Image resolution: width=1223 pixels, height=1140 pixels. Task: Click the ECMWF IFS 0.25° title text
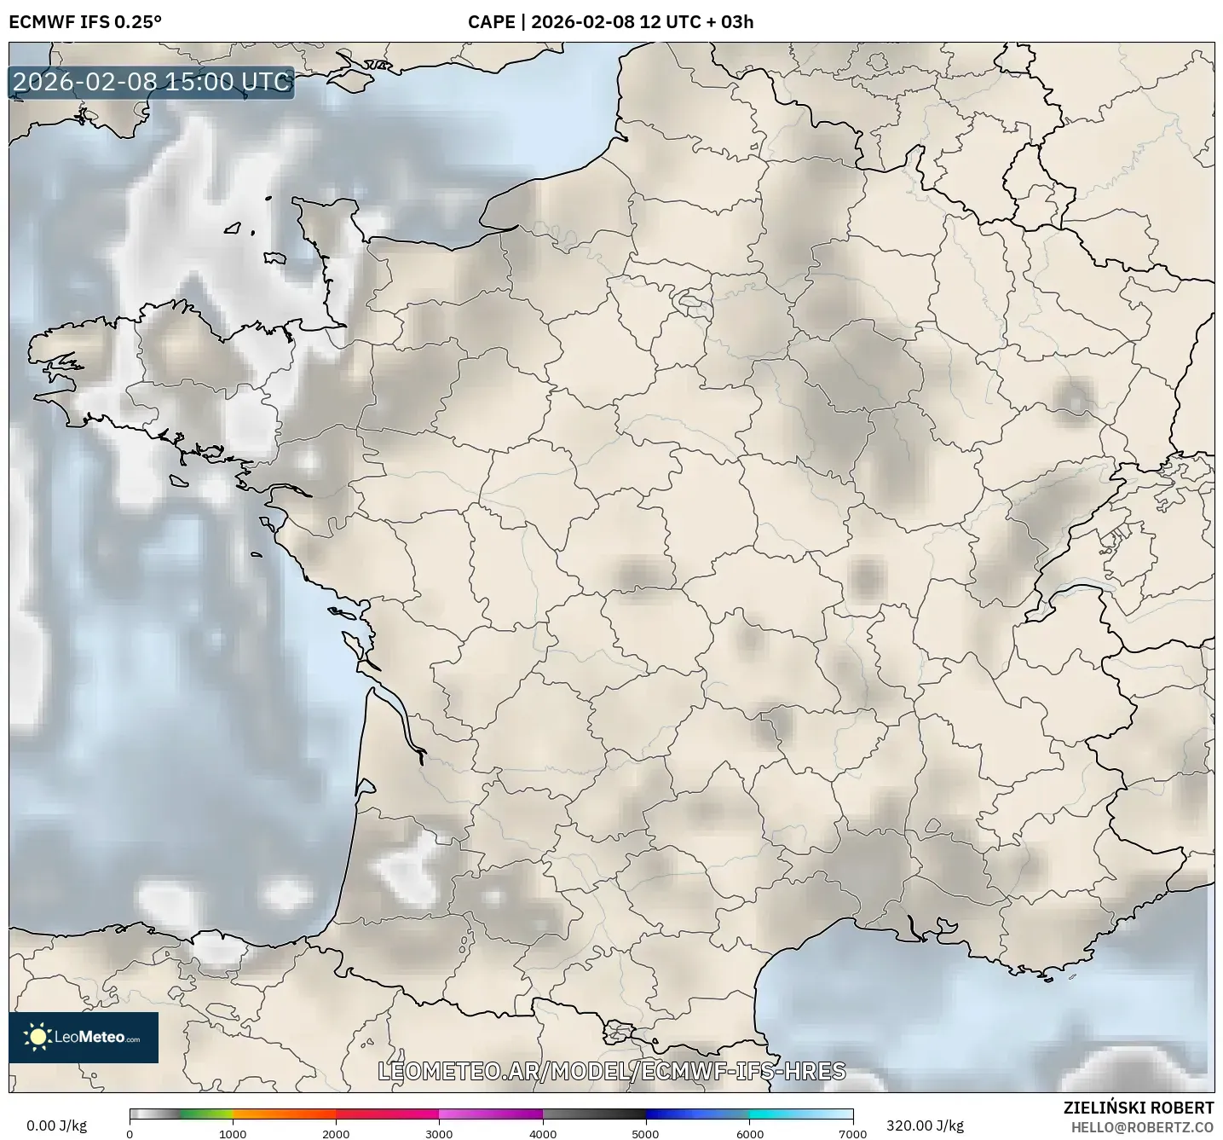(84, 22)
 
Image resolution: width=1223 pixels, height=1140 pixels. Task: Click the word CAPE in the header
(491, 22)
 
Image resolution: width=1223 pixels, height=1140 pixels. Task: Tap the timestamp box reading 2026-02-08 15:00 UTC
(152, 82)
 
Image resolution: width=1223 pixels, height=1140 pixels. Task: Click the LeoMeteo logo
(84, 1037)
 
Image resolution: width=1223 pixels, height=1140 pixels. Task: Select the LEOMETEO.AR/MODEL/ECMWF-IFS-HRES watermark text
(611, 1072)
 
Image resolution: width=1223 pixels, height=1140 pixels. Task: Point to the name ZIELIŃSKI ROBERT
(1139, 1108)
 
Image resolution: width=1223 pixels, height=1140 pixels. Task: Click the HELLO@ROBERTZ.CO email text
(1142, 1126)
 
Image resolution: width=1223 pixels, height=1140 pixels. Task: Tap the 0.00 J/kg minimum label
(56, 1126)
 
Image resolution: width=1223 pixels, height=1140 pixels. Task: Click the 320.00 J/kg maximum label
(925, 1126)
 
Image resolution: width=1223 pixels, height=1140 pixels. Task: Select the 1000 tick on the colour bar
(233, 1133)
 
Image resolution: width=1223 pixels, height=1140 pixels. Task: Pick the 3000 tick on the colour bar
(440, 1133)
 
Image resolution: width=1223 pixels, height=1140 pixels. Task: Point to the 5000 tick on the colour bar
(646, 1133)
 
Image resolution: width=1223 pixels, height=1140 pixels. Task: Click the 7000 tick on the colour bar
(852, 1133)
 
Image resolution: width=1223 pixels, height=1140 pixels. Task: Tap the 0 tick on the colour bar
(130, 1133)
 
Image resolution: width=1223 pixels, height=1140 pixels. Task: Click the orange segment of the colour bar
(273, 1114)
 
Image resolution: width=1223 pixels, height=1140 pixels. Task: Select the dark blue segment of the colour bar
(673, 1114)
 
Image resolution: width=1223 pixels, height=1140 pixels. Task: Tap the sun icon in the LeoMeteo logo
(37, 1037)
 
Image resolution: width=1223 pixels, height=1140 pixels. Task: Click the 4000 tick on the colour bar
(543, 1133)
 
